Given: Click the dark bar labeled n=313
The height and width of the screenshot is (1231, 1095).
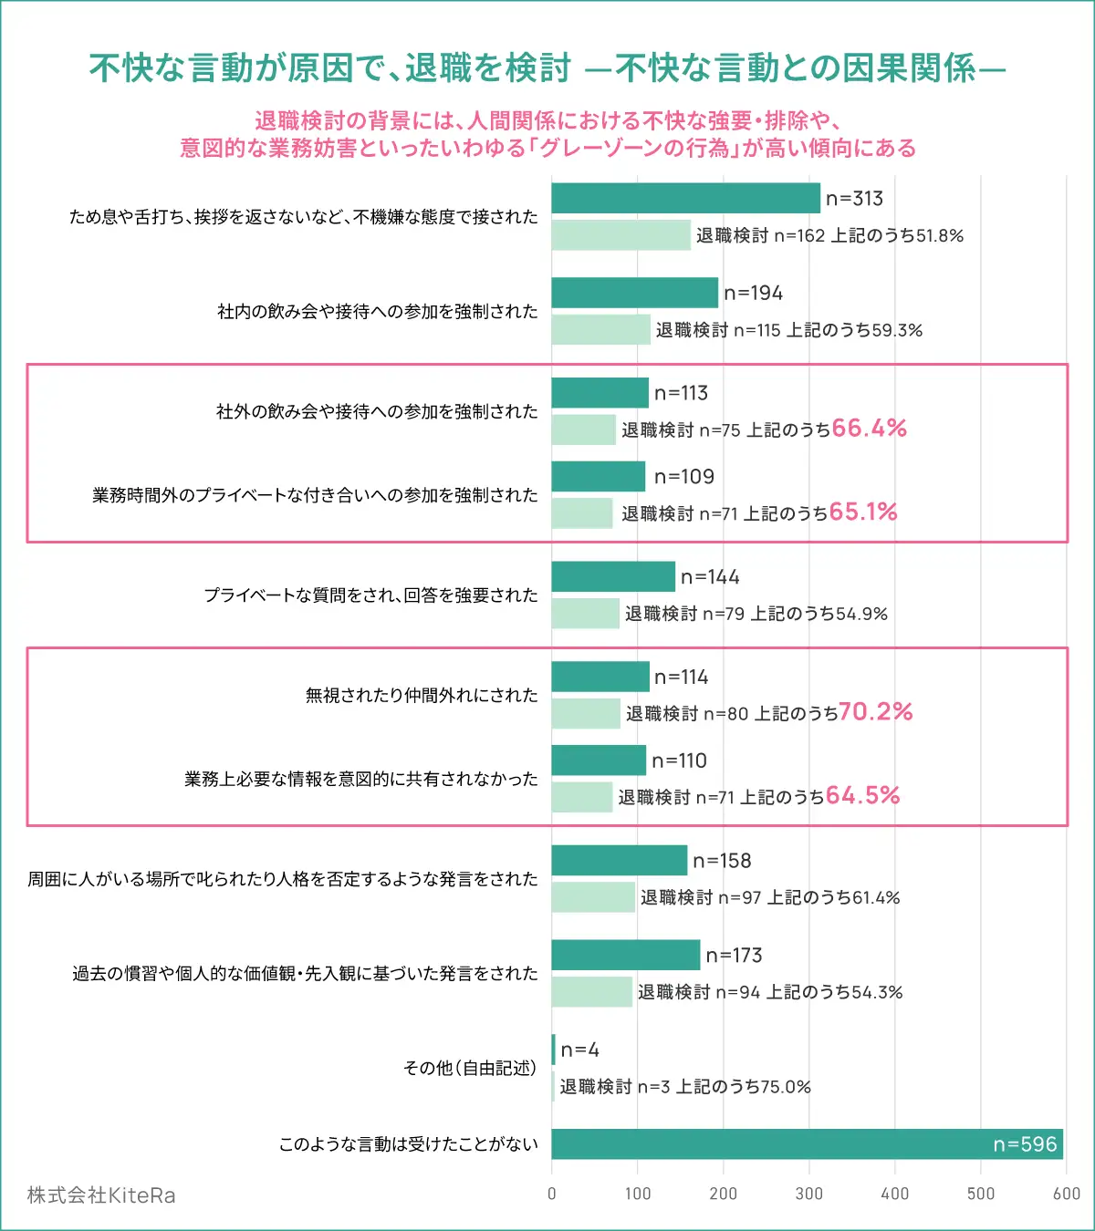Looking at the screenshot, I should click(x=685, y=199).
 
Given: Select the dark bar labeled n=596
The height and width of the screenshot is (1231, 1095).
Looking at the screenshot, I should click(x=807, y=1144).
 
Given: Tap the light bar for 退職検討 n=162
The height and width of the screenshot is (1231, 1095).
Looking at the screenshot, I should click(x=620, y=235).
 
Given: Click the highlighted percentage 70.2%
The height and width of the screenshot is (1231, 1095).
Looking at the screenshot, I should click(x=876, y=712).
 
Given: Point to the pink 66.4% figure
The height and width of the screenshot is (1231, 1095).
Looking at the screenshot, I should click(x=870, y=429).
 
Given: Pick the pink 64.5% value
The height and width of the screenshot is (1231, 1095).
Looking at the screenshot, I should click(x=863, y=796).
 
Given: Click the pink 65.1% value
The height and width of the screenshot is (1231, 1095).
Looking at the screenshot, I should click(x=863, y=512).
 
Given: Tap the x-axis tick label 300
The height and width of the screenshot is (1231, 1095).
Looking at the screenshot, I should click(x=809, y=1194).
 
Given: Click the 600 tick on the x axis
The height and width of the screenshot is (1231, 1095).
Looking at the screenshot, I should click(x=1066, y=1194).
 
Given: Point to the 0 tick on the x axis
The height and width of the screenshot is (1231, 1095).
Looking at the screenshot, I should click(x=552, y=1194).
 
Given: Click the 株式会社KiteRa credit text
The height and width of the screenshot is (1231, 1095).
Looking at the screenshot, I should click(x=101, y=1195).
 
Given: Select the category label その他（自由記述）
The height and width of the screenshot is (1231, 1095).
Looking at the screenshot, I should click(x=470, y=1068).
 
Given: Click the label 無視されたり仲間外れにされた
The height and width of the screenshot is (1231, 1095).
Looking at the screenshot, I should click(x=422, y=696).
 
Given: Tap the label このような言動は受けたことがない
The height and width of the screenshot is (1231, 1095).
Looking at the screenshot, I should click(x=409, y=1144).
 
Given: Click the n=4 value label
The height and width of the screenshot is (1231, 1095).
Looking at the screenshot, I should click(x=580, y=1050).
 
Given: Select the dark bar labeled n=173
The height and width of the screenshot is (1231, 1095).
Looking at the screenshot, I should click(x=625, y=956).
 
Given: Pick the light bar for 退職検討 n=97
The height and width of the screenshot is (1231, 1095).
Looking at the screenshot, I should click(x=593, y=897).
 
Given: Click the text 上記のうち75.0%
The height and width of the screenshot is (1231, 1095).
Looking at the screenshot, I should click(x=743, y=1087).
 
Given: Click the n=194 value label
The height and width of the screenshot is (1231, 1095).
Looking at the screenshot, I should click(x=754, y=294).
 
